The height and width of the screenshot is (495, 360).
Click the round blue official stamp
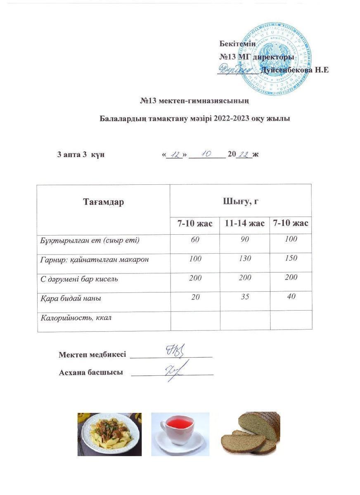click(x=275, y=59)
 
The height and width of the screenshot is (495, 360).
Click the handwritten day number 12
click(x=176, y=155)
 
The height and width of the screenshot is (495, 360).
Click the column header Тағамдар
click(x=103, y=202)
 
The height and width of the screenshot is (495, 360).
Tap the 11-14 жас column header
click(x=244, y=223)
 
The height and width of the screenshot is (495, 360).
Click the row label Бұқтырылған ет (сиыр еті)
click(x=90, y=240)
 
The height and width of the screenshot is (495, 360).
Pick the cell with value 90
click(x=245, y=240)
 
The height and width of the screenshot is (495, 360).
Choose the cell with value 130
click(x=245, y=259)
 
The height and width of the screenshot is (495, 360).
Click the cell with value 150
click(x=291, y=258)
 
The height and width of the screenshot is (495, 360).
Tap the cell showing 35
click(x=245, y=296)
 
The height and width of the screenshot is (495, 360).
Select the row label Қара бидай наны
click(x=71, y=298)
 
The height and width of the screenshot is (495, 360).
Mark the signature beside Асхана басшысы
click(x=176, y=370)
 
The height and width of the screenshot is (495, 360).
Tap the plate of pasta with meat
click(x=109, y=434)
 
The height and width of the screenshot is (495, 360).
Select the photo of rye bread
click(x=251, y=433)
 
